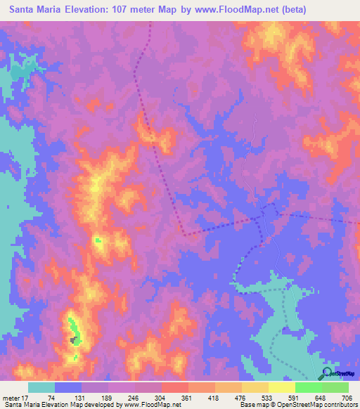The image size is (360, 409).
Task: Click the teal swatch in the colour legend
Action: [x=41, y=387]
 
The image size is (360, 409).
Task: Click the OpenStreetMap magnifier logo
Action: [x=328, y=373]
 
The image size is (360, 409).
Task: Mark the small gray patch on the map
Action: [x=72, y=340]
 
